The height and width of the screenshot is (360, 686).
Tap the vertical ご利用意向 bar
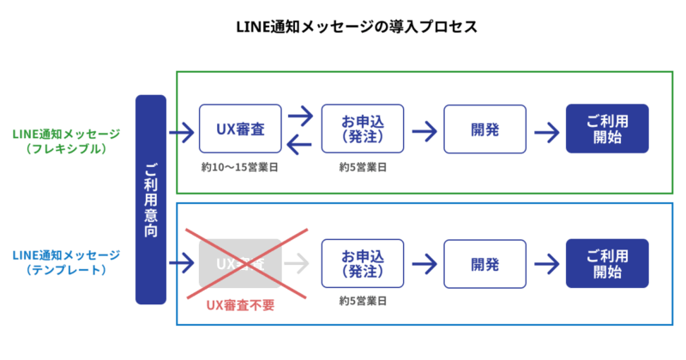point(150,199)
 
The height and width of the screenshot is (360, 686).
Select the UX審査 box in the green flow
point(239,129)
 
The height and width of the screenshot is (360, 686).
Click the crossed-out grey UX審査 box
point(239,264)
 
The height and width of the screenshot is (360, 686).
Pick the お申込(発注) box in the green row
point(361,129)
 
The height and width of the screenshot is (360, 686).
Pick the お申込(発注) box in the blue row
point(361,264)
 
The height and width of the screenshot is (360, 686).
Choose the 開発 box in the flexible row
point(484,129)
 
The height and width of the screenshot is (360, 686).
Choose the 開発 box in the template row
point(484,264)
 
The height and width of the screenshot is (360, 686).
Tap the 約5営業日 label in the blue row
point(362,301)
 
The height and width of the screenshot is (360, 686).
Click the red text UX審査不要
point(239,304)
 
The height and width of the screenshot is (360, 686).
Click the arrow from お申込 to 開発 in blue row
point(424,264)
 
